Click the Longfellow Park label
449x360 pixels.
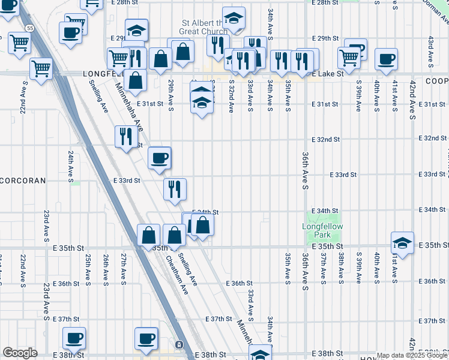tap(321, 230)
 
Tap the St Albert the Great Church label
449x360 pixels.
tap(205, 28)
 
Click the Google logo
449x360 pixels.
tap(20, 353)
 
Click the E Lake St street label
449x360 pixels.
tap(327, 73)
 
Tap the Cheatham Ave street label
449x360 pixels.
tap(178, 275)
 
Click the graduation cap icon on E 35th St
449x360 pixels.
tap(402, 243)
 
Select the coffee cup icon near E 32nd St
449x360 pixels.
tap(160, 158)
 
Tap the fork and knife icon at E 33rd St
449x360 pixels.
tap(175, 189)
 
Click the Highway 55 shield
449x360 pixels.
tap(29, 28)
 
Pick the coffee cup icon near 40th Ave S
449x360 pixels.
tap(385, 59)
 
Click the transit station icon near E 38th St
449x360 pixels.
tap(179, 345)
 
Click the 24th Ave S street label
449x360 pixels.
tap(70, 165)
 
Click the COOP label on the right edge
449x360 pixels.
tap(438, 80)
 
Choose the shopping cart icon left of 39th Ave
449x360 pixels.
tap(349, 58)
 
